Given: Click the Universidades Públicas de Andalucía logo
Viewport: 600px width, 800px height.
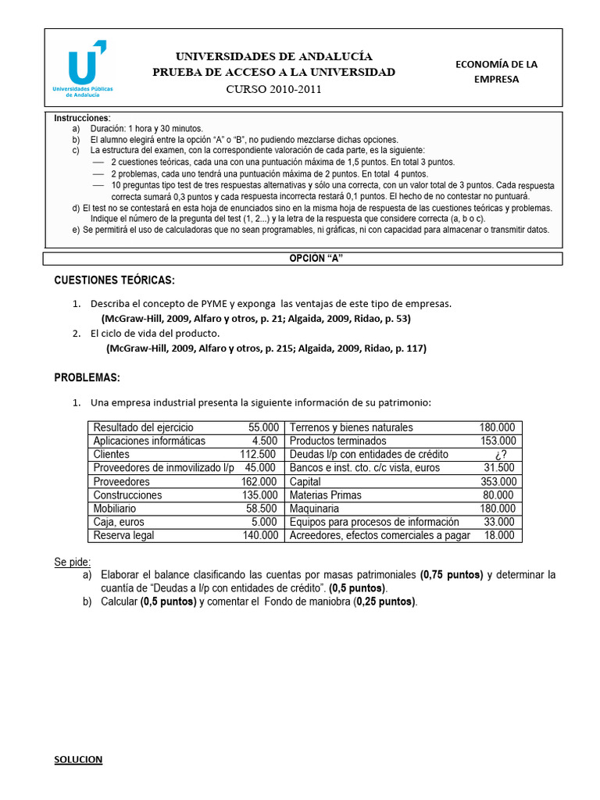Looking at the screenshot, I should pyautogui.click(x=83, y=68).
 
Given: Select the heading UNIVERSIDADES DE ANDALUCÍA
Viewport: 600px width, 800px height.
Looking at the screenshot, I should pyautogui.click(x=273, y=56).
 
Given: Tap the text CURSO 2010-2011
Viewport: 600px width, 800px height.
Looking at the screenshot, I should pyautogui.click(x=273, y=89).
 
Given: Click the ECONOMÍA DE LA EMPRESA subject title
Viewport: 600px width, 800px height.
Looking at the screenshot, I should pyautogui.click(x=496, y=71).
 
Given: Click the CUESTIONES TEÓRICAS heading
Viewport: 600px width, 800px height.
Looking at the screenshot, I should pyautogui.click(x=114, y=280).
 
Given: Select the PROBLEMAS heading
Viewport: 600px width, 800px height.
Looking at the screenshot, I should pyautogui.click(x=87, y=378).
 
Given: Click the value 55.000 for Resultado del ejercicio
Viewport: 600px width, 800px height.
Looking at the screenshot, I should pyautogui.click(x=263, y=427).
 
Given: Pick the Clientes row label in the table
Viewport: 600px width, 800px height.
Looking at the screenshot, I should pyautogui.click(x=112, y=455).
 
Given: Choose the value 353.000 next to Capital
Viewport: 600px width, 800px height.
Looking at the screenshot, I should pyautogui.click(x=498, y=481).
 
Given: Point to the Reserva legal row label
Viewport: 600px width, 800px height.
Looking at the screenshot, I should pyautogui.click(x=123, y=535).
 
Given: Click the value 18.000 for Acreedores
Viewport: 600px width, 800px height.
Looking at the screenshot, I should pyautogui.click(x=500, y=535).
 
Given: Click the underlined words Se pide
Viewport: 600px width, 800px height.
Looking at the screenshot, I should pyautogui.click(x=72, y=561).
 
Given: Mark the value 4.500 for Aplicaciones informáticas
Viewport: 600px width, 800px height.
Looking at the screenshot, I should pyautogui.click(x=266, y=441).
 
